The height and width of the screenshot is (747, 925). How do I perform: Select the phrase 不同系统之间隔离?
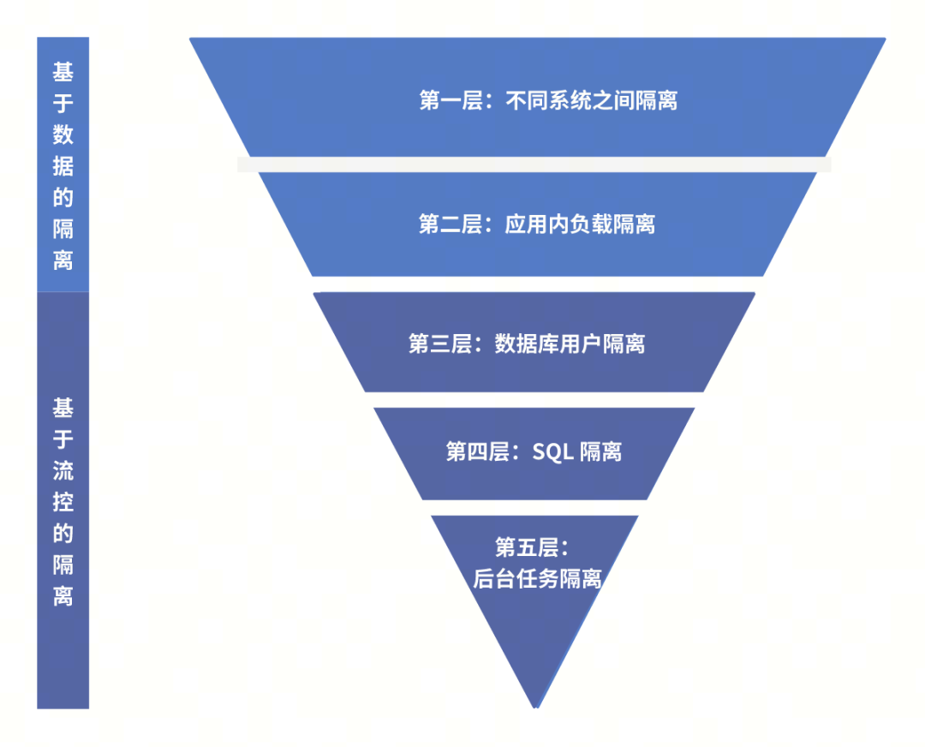pyautogui.click(x=592, y=101)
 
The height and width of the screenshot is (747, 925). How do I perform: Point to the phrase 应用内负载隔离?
pyautogui.click(x=580, y=225)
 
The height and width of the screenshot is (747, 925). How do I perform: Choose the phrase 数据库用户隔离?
pyautogui.click(x=570, y=344)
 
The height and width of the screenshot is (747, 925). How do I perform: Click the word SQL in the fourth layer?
pyautogui.click(x=552, y=452)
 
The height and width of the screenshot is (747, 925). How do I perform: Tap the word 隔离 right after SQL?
pyautogui.click(x=600, y=452)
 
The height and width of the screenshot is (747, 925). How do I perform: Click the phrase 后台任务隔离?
pyautogui.click(x=537, y=579)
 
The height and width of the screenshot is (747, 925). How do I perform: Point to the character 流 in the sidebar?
pyautogui.click(x=63, y=470)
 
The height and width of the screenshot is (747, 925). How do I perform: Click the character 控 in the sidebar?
pyautogui.click(x=63, y=502)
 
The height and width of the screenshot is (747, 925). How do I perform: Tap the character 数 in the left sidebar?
pyautogui.click(x=63, y=134)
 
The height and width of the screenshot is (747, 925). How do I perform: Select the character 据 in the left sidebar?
pyautogui.click(x=63, y=166)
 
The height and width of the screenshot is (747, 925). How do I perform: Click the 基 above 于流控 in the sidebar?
pyautogui.click(x=63, y=407)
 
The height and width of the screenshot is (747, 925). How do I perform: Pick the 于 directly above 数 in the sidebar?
pyautogui.click(x=63, y=103)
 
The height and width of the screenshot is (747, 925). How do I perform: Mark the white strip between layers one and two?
pyautogui.click(x=534, y=164)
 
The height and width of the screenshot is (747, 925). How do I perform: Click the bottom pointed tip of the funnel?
pyautogui.click(x=535, y=704)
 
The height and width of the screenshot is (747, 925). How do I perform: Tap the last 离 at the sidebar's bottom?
pyautogui.click(x=63, y=596)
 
